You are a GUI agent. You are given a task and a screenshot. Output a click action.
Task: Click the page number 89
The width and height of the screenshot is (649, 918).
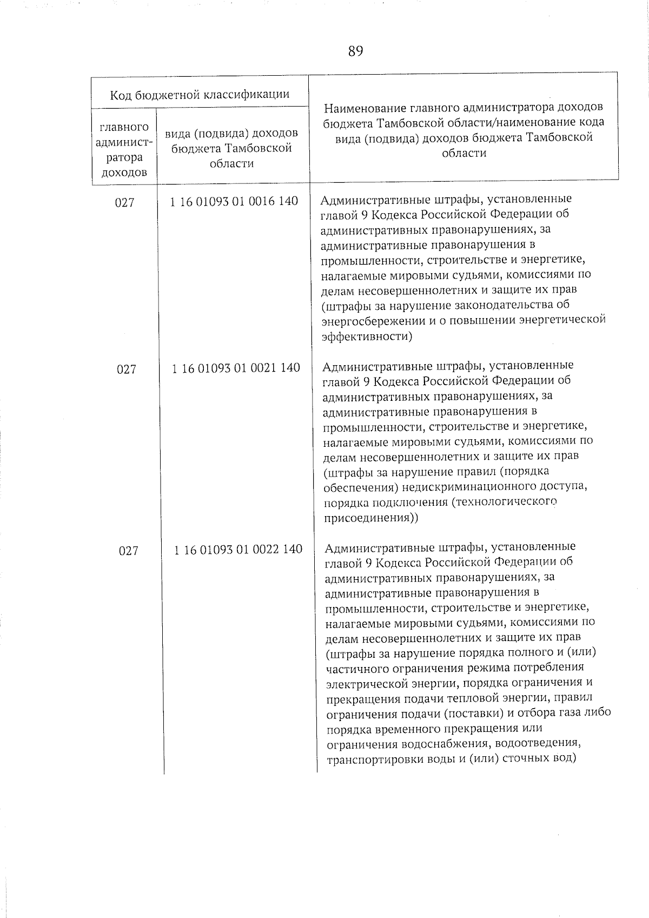pos(355,51)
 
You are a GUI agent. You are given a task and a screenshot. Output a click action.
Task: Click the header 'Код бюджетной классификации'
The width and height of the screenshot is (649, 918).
pos(200,95)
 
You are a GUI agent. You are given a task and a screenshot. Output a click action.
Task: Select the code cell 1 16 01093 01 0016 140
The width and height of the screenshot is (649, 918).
pos(234,201)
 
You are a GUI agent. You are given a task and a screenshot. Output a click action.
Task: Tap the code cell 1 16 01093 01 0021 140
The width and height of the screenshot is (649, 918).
pos(236,368)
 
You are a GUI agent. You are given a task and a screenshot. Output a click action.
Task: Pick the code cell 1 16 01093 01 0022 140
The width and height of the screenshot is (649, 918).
pos(238,549)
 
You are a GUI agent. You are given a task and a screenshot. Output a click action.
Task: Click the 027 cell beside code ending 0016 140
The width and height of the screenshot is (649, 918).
pos(124,203)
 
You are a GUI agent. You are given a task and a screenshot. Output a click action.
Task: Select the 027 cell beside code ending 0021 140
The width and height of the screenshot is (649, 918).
pos(127,369)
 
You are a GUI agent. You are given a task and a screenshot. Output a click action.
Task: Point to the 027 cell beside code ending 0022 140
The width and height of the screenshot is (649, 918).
pos(129,551)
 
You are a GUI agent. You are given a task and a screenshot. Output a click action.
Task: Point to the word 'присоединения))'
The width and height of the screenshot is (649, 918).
pos(370,518)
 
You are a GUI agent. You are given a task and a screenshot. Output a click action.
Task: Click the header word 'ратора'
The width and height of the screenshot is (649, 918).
pos(124,157)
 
